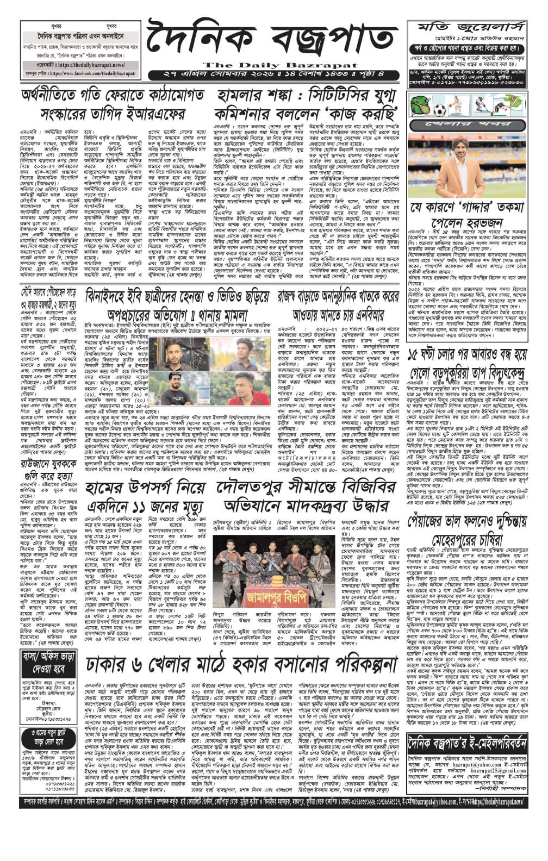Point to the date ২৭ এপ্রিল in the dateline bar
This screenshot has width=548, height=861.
(x=179, y=73)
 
